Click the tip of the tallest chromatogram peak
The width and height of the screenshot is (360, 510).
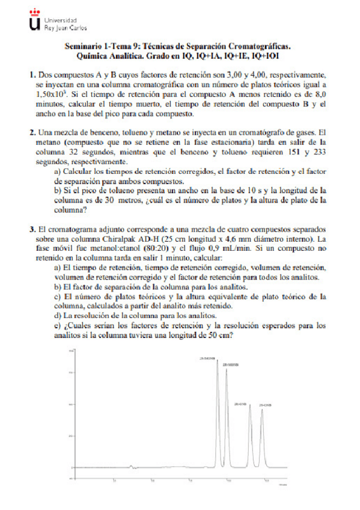click(x=217, y=361)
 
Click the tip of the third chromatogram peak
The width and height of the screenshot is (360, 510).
click(x=249, y=407)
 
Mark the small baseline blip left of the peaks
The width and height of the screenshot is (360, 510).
click(x=131, y=466)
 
